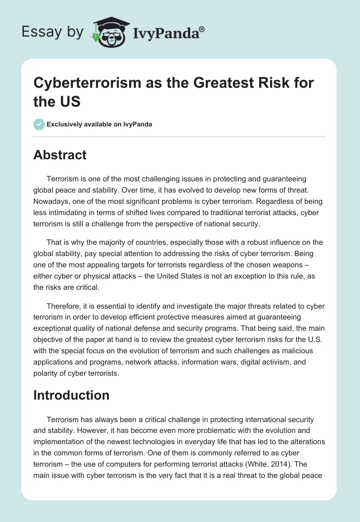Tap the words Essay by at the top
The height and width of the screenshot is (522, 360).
point(52,31)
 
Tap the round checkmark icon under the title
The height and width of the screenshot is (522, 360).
point(39,124)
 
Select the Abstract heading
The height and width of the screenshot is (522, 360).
point(60,155)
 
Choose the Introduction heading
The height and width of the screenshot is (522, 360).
point(71,395)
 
